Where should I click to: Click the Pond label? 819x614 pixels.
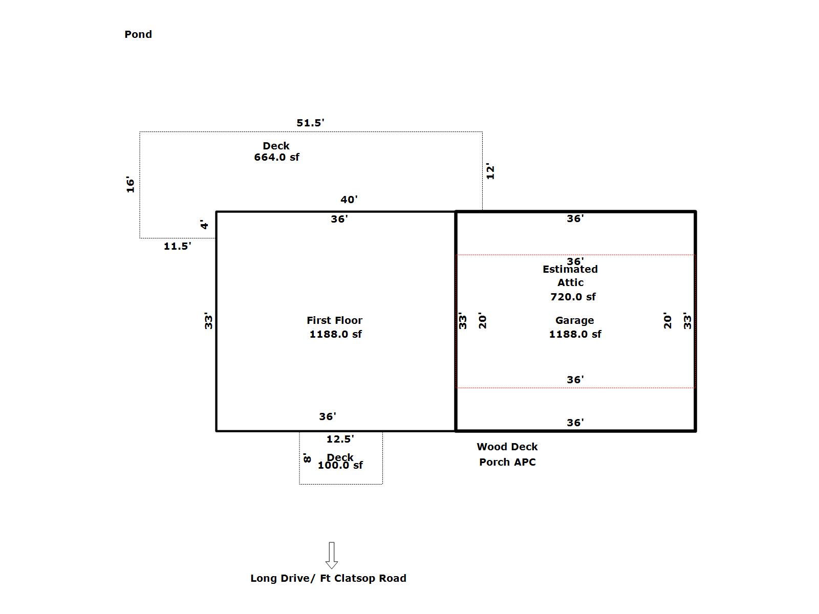pyautogui.click(x=138, y=34)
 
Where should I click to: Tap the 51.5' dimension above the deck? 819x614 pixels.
pyautogui.click(x=310, y=123)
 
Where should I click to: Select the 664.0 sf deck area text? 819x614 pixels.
pyautogui.click(x=276, y=157)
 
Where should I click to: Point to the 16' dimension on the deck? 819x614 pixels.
pyautogui.click(x=131, y=185)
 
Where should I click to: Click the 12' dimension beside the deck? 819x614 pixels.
pyautogui.click(x=490, y=171)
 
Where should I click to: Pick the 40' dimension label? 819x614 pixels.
pyautogui.click(x=349, y=200)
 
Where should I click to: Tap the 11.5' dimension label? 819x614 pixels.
pyautogui.click(x=177, y=246)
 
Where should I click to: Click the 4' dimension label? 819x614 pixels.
pyautogui.click(x=204, y=225)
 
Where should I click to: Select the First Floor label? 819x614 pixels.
pyautogui.click(x=334, y=320)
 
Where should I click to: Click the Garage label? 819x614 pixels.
pyautogui.click(x=574, y=320)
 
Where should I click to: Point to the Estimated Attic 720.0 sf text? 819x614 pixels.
pyautogui.click(x=571, y=283)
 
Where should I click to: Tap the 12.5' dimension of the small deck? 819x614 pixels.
pyautogui.click(x=340, y=439)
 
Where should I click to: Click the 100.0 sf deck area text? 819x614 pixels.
pyautogui.click(x=340, y=465)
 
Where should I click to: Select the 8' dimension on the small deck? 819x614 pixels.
pyautogui.click(x=307, y=457)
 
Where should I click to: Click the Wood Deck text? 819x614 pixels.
pyautogui.click(x=507, y=447)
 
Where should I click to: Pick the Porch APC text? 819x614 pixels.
pyautogui.click(x=507, y=462)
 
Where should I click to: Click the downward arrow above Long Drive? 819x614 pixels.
pyautogui.click(x=332, y=555)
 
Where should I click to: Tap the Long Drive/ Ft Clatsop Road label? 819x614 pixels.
pyautogui.click(x=328, y=578)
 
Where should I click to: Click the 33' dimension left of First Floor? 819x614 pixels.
pyautogui.click(x=208, y=321)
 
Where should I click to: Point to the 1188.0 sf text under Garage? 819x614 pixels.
pyautogui.click(x=575, y=334)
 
